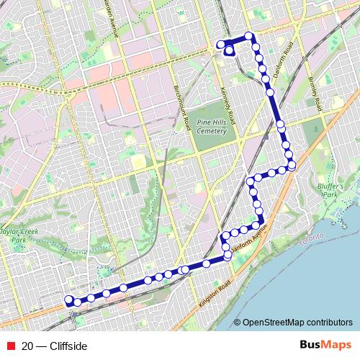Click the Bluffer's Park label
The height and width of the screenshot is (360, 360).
[x=328, y=190]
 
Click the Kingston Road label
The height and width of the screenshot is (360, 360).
[x=215, y=291]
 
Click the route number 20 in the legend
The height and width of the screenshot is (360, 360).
[x=27, y=346]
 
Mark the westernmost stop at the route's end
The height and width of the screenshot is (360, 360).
[x=69, y=300]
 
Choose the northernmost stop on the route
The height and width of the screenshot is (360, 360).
[x=248, y=36]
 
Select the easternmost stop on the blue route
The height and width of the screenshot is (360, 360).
[x=292, y=166]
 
